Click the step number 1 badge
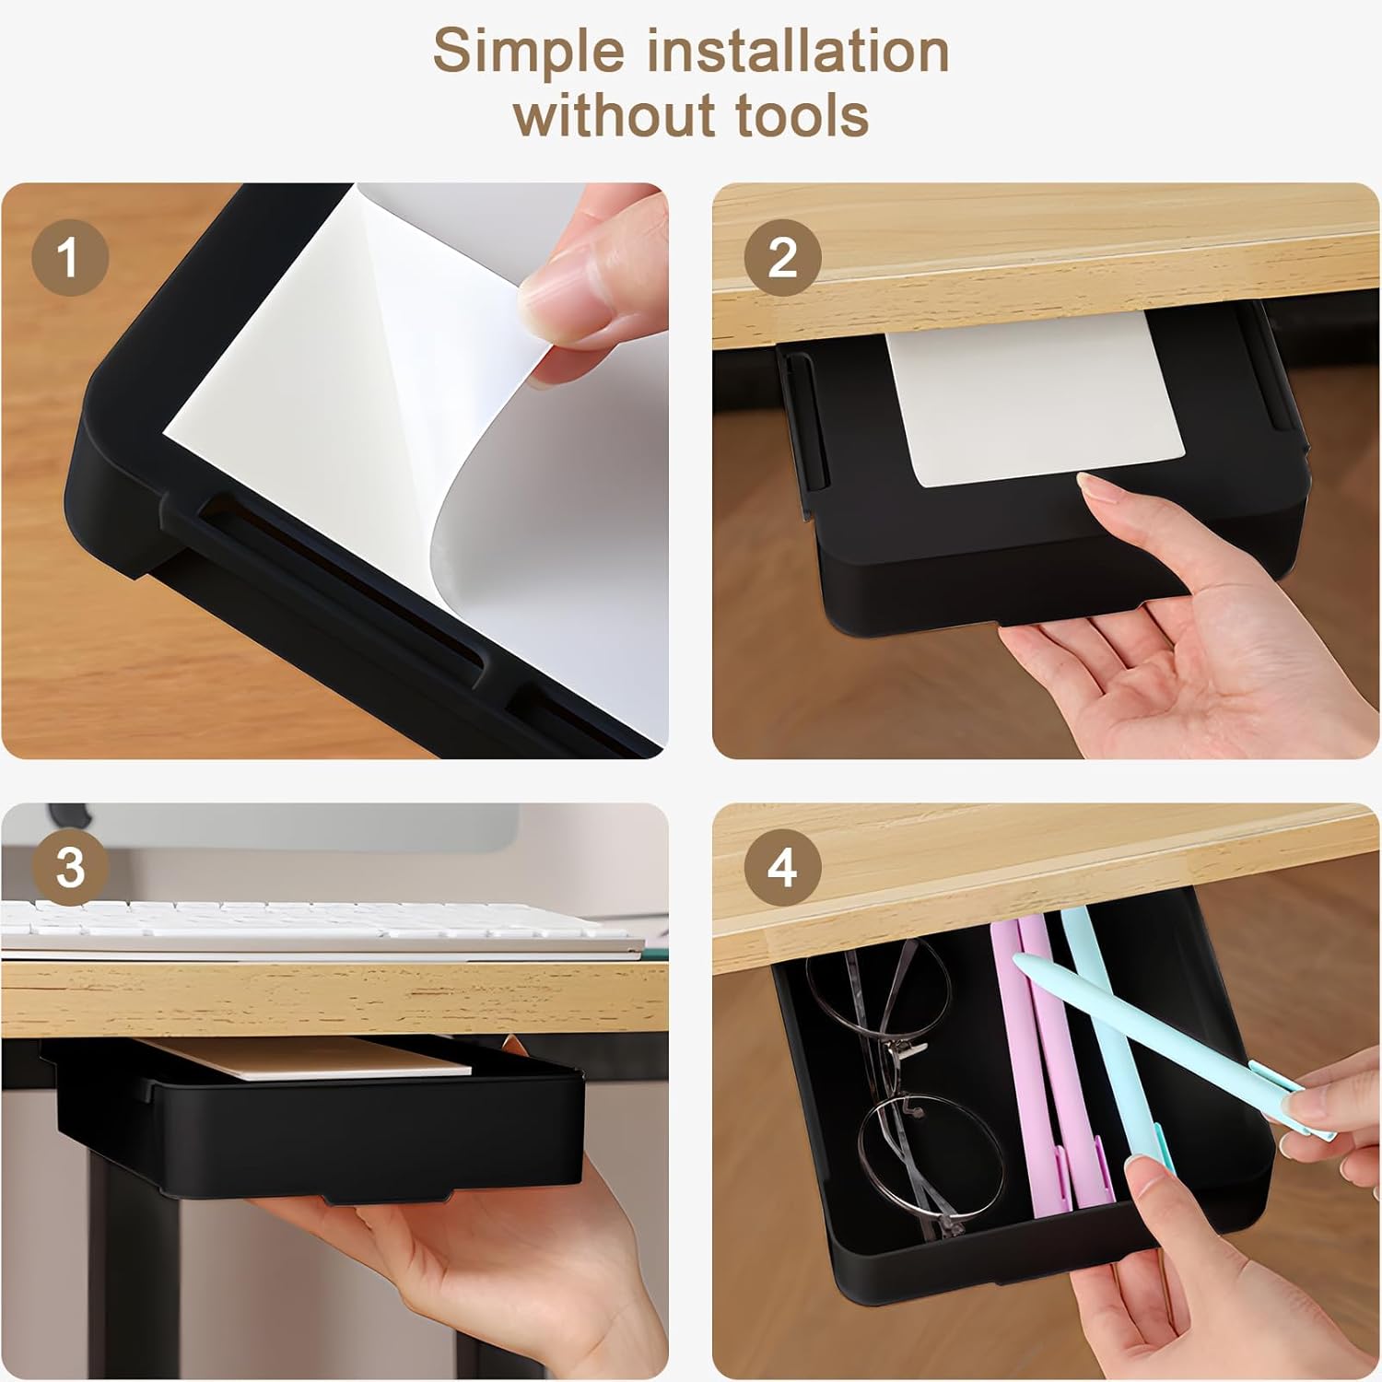(70, 257)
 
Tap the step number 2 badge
(782, 257)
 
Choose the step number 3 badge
(70, 868)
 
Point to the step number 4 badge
(782, 868)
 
